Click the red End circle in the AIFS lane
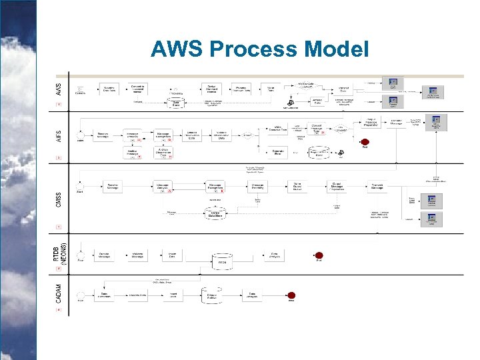[365, 141]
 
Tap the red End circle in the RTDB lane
[319, 255]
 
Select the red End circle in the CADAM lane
[291, 295]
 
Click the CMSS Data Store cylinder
[215, 213]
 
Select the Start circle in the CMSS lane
[81, 185]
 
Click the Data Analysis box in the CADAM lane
[253, 295]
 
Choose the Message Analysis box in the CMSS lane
[163, 186]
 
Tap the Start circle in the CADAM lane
[81, 295]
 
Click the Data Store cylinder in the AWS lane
[176, 102]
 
